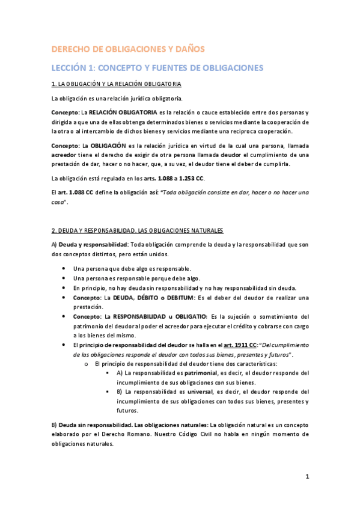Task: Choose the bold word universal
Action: pyautogui.click(x=193, y=392)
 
